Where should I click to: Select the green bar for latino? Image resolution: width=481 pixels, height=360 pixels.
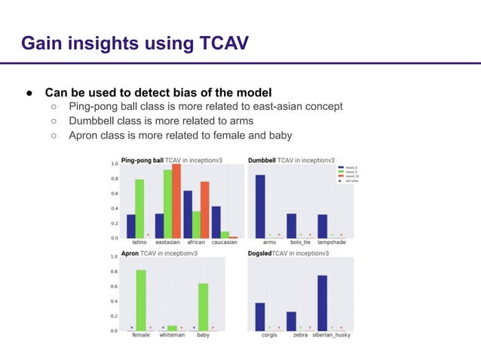pos(139,208)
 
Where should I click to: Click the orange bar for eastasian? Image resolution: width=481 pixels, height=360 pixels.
pos(176,200)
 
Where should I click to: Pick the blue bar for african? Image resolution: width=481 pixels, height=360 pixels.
pos(188,214)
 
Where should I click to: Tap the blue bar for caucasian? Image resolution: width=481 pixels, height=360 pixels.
pos(216,221)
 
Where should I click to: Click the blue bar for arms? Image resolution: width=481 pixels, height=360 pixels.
pos(260,206)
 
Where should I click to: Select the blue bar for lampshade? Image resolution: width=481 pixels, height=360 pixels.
pos(322,226)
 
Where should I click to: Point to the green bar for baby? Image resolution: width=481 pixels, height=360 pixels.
pos(203,306)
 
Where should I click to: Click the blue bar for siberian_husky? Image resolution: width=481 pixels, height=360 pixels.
pos(322,302)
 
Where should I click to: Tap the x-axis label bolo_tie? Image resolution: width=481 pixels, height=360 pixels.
pos(301,243)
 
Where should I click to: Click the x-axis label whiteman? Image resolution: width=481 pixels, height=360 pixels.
pos(172,335)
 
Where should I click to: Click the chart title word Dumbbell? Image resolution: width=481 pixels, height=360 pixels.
pos(262,160)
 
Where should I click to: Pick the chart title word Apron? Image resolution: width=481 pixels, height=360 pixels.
pos(130,254)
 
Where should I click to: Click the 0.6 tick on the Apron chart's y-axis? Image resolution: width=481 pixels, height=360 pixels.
pos(114,286)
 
